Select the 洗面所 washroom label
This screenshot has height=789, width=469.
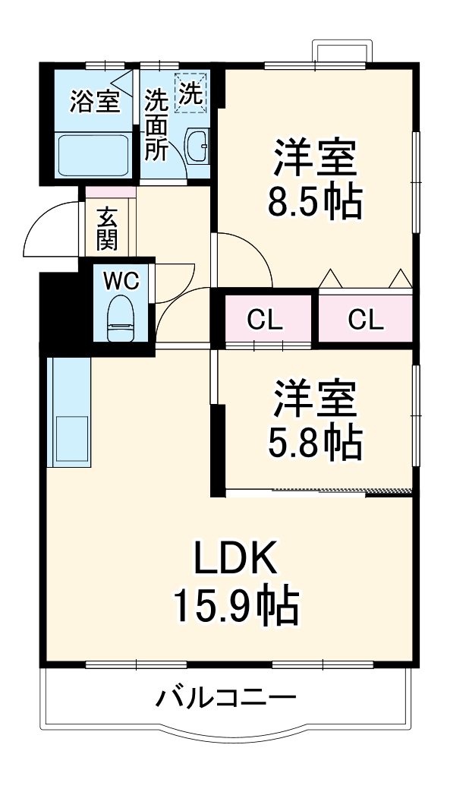click(156, 125)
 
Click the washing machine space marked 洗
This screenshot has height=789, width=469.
click(190, 93)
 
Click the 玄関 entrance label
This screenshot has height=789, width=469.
click(106, 229)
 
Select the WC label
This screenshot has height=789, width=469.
click(121, 281)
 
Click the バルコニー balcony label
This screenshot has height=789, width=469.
click(226, 696)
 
